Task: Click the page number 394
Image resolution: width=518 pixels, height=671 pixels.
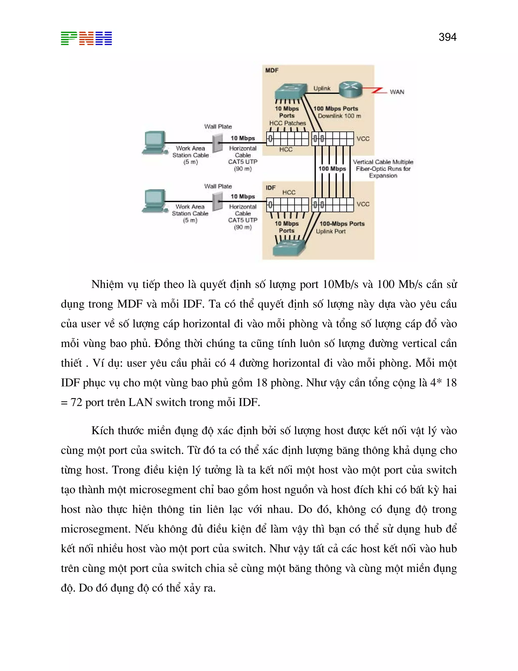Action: (447, 37)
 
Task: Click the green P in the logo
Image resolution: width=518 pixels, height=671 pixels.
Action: (69, 38)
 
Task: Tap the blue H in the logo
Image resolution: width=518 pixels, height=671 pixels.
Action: (104, 38)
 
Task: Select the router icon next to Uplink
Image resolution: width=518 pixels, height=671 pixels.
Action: (351, 89)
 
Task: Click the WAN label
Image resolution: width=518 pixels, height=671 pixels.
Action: (397, 92)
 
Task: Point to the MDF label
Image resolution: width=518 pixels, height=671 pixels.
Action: (272, 70)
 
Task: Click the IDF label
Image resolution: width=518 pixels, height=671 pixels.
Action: (270, 187)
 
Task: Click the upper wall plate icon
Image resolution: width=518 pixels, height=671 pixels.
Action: (218, 143)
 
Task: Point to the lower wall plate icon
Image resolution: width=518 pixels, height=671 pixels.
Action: (218, 202)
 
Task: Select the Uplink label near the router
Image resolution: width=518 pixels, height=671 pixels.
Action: (322, 88)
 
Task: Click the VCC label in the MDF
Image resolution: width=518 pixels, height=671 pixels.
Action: (363, 139)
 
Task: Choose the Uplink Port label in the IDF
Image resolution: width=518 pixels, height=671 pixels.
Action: (331, 231)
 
